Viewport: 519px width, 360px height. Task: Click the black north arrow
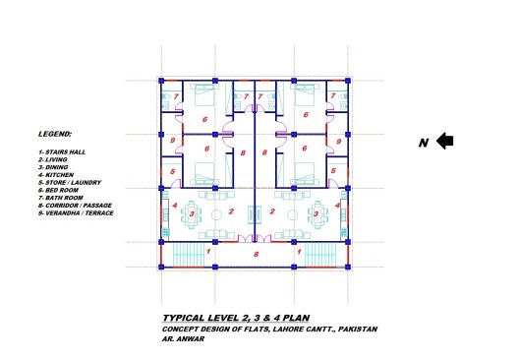pos(445,141)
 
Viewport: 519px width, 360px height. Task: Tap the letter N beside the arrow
pos(424,143)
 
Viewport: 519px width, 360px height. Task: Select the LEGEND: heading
pos(55,134)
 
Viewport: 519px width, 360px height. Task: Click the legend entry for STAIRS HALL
pos(62,152)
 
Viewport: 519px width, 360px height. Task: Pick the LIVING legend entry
pos(53,159)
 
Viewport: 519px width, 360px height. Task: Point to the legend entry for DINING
pos(53,167)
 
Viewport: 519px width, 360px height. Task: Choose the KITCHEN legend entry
pos(56,175)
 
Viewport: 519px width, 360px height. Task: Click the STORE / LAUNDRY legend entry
pos(70,183)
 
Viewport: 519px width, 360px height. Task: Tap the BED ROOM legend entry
pos(58,190)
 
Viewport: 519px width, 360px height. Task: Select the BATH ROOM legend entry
pos(61,198)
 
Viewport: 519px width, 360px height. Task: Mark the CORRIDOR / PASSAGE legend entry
pos(75,206)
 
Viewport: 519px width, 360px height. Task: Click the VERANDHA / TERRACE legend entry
pos(76,213)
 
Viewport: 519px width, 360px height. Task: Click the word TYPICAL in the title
pos(184,318)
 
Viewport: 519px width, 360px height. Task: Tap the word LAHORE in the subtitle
pos(288,330)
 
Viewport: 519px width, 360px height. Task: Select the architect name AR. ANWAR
pos(183,338)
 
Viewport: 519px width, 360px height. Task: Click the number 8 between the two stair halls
pos(256,255)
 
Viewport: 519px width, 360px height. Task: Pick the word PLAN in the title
pos(297,318)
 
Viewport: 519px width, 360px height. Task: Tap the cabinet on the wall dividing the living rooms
pos(255,214)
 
